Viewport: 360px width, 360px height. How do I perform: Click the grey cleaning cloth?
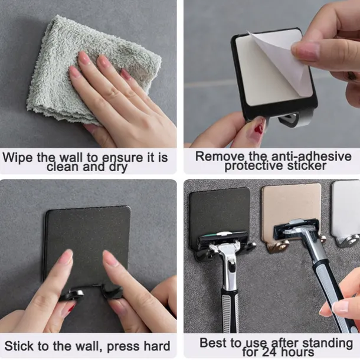click(89, 65)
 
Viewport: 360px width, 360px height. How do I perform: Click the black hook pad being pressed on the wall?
click(89, 236)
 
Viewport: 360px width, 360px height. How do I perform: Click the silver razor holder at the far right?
click(346, 210)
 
